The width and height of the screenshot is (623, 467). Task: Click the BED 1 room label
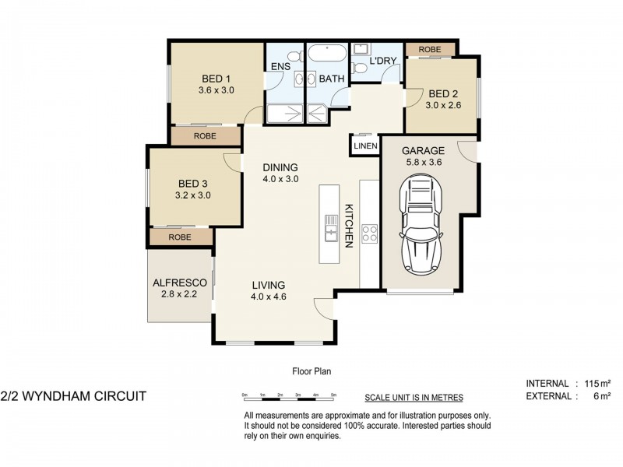click(216, 79)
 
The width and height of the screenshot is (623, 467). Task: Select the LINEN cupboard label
click(365, 146)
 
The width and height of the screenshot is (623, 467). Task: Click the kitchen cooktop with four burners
click(369, 233)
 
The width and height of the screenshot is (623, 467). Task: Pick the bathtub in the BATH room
click(328, 55)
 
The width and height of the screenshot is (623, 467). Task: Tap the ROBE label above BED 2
click(430, 50)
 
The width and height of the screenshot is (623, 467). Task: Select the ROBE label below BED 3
click(180, 237)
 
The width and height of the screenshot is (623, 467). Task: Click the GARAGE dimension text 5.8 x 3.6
click(423, 163)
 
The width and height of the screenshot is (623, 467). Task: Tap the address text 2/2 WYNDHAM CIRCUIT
click(74, 395)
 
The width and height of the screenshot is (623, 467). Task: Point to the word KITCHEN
click(350, 226)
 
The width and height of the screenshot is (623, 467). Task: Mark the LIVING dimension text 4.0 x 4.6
click(268, 297)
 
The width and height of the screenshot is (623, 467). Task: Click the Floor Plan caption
click(311, 371)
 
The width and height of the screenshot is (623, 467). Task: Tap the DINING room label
click(280, 167)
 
